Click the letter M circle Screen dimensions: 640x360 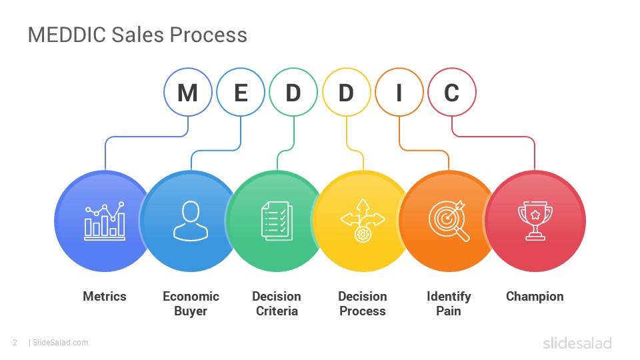[188, 92]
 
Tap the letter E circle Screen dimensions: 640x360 [241, 92]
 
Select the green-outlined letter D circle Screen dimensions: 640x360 [293, 92]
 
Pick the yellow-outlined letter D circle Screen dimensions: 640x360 [346, 92]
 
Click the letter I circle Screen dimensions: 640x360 [399, 92]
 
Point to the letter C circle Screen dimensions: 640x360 [452, 92]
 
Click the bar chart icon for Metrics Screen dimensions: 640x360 [105, 221]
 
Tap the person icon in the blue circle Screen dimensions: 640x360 [191, 221]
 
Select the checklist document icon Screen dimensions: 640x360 [277, 221]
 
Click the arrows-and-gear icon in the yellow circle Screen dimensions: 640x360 [363, 221]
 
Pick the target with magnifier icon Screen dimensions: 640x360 [449, 221]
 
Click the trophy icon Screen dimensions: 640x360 [535, 221]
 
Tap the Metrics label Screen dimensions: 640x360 [105, 296]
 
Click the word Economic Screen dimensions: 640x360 [191, 296]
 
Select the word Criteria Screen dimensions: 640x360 [277, 311]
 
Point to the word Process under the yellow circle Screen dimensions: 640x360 [363, 311]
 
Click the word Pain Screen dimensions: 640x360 [449, 311]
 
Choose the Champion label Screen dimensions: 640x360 [535, 297]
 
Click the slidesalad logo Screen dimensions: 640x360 [577, 343]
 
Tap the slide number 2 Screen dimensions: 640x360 [15, 343]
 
